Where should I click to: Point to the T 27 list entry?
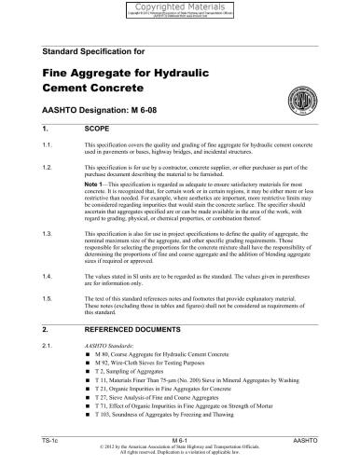click(x=149, y=398)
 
